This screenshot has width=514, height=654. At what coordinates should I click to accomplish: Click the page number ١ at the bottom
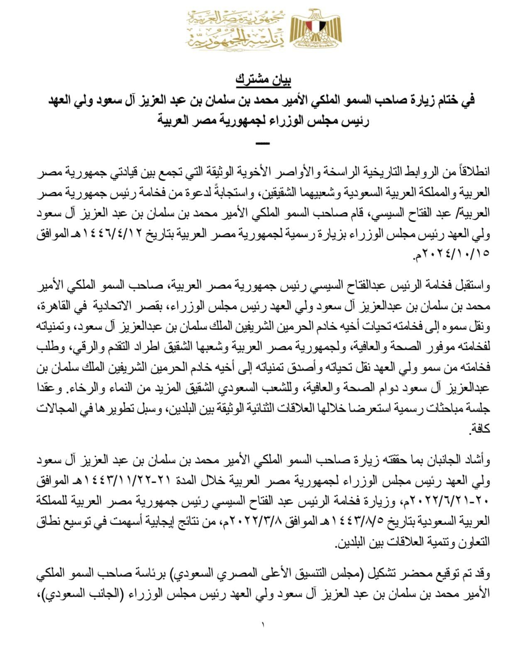coord(263,624)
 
